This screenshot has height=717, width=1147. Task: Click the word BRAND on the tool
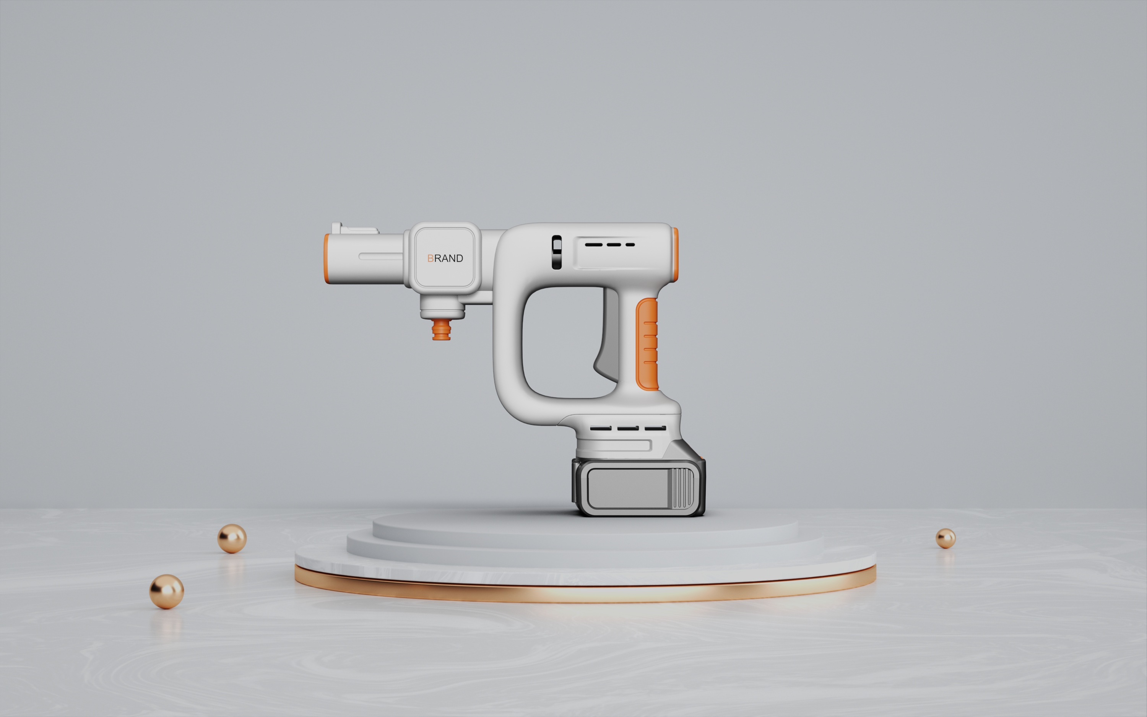[445, 259]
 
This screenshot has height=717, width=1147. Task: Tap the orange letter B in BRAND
[431, 259]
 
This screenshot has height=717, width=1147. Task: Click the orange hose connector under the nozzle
[441, 329]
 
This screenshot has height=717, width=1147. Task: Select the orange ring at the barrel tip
[327, 259]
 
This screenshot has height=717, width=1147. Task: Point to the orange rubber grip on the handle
[647, 344]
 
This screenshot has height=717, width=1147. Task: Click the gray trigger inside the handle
[607, 341]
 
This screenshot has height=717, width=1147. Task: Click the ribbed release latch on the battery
[681, 488]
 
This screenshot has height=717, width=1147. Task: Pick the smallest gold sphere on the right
[945, 538]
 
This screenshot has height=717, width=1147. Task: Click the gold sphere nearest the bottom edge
[166, 591]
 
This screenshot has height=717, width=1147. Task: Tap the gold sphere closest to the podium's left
[232, 538]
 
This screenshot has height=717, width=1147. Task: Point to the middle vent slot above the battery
[627, 428]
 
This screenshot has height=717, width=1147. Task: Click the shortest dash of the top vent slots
[630, 245]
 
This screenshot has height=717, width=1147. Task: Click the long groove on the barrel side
[382, 257]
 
